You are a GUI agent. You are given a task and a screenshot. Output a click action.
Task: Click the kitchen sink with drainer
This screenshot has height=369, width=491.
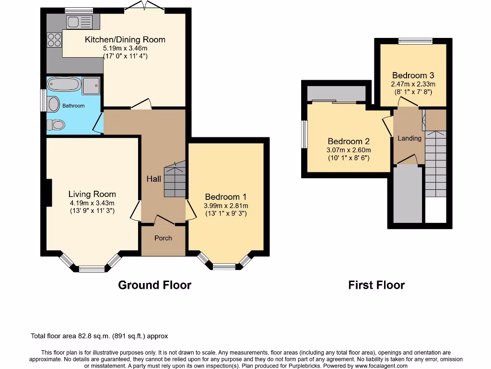pyautogui.click(x=80, y=22)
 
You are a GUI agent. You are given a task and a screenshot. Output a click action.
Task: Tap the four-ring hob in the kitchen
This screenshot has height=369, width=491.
pyautogui.click(x=54, y=38)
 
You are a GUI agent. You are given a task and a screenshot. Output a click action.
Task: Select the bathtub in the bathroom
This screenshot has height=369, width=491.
pyautogui.click(x=63, y=85)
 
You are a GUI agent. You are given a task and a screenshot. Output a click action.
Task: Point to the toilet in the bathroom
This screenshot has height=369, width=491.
pyautogui.click(x=56, y=125)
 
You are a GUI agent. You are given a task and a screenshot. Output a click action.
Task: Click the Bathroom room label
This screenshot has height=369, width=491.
pyautogui.click(x=73, y=106)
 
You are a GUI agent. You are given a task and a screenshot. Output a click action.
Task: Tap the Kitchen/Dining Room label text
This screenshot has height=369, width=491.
pyautogui.click(x=125, y=39)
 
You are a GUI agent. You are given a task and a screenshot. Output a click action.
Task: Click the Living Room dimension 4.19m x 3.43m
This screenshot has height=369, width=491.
pyautogui.click(x=92, y=203)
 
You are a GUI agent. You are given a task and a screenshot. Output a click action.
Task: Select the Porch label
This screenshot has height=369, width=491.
pyautogui.click(x=163, y=238)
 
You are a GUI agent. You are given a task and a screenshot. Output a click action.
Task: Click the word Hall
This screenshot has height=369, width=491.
pyautogui.click(x=154, y=179)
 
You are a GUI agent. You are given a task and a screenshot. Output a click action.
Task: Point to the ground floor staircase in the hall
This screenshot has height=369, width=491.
pyautogui.click(x=175, y=180)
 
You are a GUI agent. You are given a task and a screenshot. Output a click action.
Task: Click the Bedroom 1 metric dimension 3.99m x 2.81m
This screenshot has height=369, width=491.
pyautogui.click(x=225, y=205)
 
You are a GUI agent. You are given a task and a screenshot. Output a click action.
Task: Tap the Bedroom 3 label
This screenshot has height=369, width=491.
pyautogui.click(x=413, y=75)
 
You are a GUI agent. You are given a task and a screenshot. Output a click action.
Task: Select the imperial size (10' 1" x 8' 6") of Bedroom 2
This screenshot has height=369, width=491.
pyautogui.click(x=349, y=158)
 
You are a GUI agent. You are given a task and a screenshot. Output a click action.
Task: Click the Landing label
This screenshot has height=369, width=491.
pyautogui.click(x=409, y=138)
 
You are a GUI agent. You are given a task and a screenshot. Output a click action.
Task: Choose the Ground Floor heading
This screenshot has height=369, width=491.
pyautogui.click(x=154, y=285)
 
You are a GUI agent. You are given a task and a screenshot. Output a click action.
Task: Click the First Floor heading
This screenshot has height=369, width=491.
pyautogui.click(x=376, y=285)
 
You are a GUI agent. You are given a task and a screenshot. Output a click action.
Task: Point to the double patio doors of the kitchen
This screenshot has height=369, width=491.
pyautogui.click(x=144, y=6)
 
